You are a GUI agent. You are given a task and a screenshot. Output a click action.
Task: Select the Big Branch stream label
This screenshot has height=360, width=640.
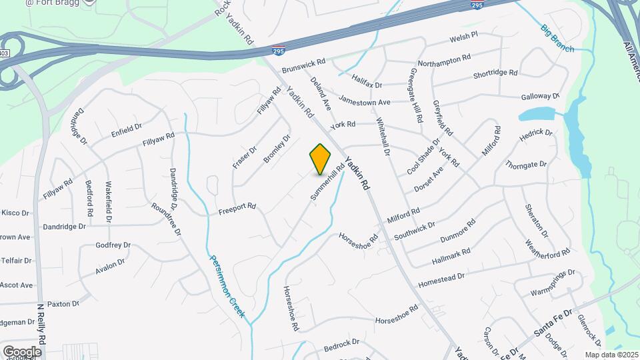pos(557,39)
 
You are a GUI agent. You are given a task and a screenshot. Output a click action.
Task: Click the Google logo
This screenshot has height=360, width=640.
pos(22,351)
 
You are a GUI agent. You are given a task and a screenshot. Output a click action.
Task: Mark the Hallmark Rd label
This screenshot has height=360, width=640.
pos(451,256)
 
